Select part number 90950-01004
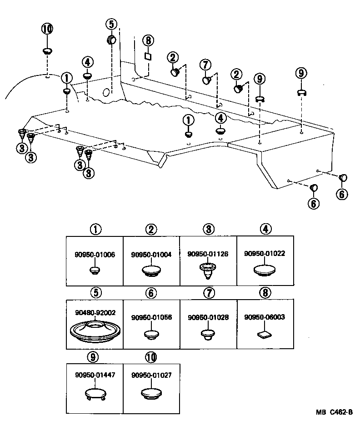[x=151, y=255]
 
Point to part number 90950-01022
[x=265, y=253]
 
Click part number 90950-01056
[x=151, y=318]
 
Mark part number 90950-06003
[x=265, y=317]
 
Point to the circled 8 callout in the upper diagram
[x=148, y=40]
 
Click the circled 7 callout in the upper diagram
[x=205, y=64]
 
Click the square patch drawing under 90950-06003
[x=265, y=336]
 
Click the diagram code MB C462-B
[x=335, y=413]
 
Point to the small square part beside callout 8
[x=147, y=56]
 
